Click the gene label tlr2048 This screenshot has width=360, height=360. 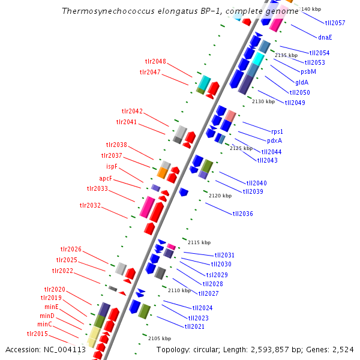pyautogui.click(x=155, y=61)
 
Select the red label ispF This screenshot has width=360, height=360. pyautogui.click(x=116, y=166)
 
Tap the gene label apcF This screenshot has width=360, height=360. pyautogui.click(x=106, y=178)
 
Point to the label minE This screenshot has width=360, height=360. pyautogui.click(x=52, y=307)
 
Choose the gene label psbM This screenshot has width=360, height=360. pyautogui.click(x=308, y=71)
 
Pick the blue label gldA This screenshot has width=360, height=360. pyautogui.click(x=302, y=82)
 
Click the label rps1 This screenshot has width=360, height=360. pyautogui.click(x=277, y=131)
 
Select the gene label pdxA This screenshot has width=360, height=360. pyautogui.click(x=275, y=141)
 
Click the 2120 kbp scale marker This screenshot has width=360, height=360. pyautogui.click(x=220, y=196)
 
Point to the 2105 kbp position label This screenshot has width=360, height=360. pyautogui.click(x=160, y=338)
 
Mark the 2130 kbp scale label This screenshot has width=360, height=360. pyautogui.click(x=263, y=102)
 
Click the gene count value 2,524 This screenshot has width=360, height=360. pyautogui.click(x=344, y=350)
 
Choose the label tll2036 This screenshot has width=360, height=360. pyautogui.click(x=243, y=214)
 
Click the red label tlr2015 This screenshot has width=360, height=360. pyautogui.click(x=37, y=334)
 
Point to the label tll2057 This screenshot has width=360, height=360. pyautogui.click(x=335, y=23)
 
